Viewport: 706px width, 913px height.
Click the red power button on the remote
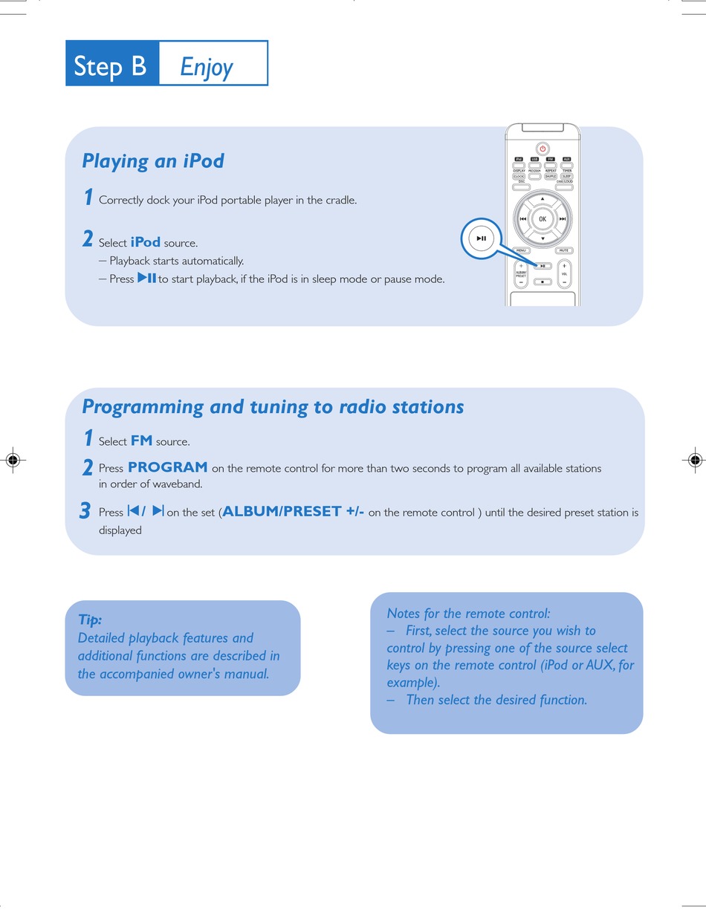point(543,148)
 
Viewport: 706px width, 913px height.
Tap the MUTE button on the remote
point(563,251)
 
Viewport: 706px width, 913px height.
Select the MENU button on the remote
point(521,251)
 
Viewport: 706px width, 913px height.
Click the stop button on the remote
point(543,282)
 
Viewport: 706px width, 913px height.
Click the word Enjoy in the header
point(207,68)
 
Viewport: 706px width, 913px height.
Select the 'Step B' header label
point(111,66)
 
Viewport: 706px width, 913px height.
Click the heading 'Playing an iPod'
point(153,161)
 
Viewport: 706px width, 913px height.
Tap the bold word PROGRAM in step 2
point(167,467)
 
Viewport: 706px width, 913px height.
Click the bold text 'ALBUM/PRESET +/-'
point(294,512)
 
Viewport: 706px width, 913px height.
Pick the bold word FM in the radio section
point(141,441)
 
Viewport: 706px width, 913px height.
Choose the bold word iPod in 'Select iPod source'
point(145,242)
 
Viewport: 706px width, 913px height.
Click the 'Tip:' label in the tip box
point(90,620)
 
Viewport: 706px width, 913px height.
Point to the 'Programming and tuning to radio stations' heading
point(273,407)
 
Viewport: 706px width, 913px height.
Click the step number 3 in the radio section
point(85,511)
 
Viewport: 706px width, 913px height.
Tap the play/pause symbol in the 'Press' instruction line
point(146,279)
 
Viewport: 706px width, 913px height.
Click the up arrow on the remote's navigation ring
point(543,199)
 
